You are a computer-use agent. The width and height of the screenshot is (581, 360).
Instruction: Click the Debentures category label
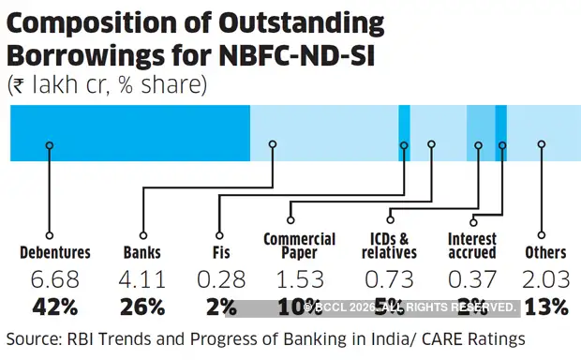pyautogui.click(x=55, y=252)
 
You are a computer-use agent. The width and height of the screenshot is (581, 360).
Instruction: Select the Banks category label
pyautogui.click(x=142, y=252)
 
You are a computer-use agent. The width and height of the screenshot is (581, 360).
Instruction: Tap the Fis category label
pyautogui.click(x=220, y=252)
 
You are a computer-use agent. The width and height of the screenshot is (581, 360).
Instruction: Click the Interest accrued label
pyautogui.click(x=471, y=246)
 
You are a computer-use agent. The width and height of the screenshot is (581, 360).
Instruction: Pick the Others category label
pyautogui.click(x=545, y=252)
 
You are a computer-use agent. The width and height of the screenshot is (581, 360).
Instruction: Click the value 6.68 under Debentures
pyautogui.click(x=55, y=279)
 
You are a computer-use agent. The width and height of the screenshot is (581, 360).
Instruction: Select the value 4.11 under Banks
pyautogui.click(x=142, y=279)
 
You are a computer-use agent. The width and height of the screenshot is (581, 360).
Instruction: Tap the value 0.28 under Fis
pyautogui.click(x=220, y=279)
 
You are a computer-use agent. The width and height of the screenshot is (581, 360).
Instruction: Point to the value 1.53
pyautogui.click(x=299, y=279)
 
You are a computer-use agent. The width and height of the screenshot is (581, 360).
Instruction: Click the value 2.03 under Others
pyautogui.click(x=545, y=279)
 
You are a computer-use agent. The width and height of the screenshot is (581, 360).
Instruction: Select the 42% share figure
pyautogui.click(x=55, y=307)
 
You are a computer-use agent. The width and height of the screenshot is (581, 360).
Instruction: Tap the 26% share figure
pyautogui.click(x=142, y=307)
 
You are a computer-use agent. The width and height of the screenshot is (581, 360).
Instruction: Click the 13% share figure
pyautogui.click(x=545, y=307)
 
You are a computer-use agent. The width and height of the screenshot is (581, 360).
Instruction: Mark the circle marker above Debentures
pyautogui.click(x=48, y=145)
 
